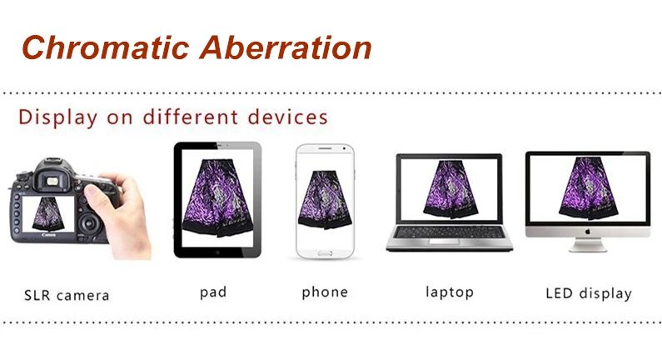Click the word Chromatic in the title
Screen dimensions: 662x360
[x=105, y=47]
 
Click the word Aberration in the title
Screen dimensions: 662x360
[x=286, y=47]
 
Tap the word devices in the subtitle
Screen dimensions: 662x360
[x=287, y=117]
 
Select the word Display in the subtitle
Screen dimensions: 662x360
[x=57, y=117]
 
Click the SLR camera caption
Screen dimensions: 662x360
[x=67, y=295]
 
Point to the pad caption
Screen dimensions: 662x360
[x=213, y=292]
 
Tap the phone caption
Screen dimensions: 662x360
[x=325, y=292]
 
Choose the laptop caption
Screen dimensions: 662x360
[x=450, y=292]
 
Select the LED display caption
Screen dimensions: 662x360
[x=589, y=293]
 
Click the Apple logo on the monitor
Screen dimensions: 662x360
[x=587, y=231]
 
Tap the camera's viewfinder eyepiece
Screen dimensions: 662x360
[x=52, y=181]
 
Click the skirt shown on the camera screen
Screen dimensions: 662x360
[x=47, y=213]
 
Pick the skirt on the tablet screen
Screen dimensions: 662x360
[x=217, y=197]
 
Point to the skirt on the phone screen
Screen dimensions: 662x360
[x=325, y=199]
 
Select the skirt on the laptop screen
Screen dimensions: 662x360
[x=450, y=189]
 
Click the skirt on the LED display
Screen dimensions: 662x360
[x=590, y=188]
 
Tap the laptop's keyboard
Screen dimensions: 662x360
[x=449, y=232]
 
